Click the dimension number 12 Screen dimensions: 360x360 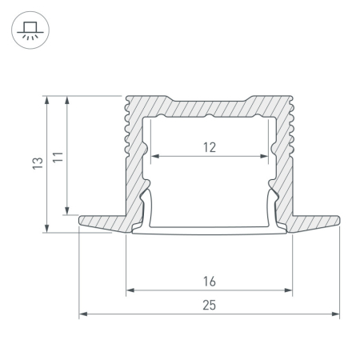coord(210,147)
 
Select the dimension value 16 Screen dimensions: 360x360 coord(210,282)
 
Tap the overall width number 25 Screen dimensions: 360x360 coord(209,306)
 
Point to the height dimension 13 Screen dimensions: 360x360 coord(38,163)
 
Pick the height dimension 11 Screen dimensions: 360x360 coord(58,157)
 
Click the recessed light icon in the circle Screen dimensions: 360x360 coord(30,30)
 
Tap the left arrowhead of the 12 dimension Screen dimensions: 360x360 coord(155,156)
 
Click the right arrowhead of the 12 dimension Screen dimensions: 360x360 coord(264,156)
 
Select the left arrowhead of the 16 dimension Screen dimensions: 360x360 coord(130,290)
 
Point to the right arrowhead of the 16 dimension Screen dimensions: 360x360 coord(288,290)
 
